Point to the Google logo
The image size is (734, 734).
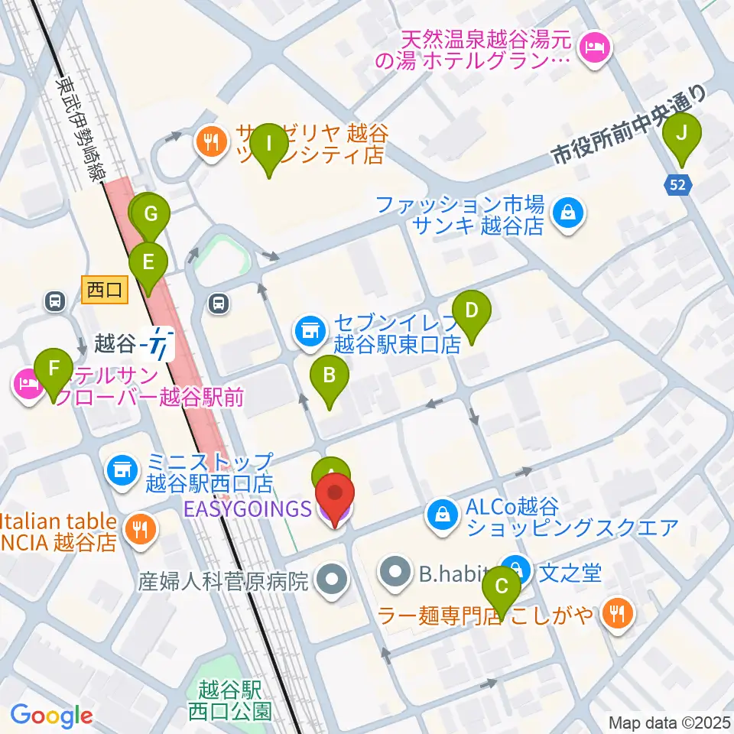coord(51,716)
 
